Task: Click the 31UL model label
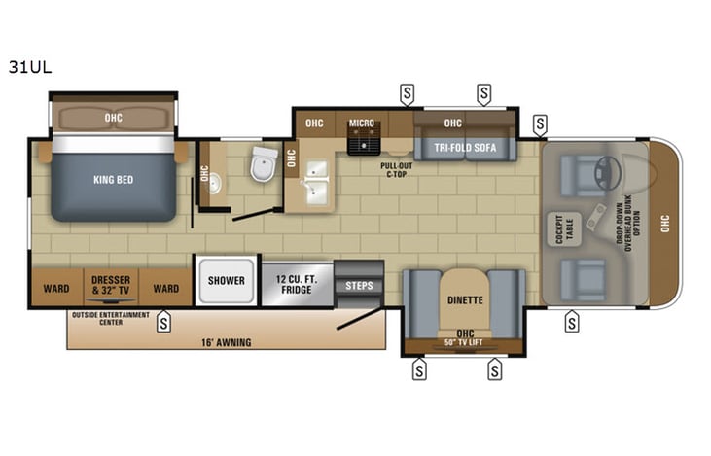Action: click(30, 68)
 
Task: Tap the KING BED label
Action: click(113, 181)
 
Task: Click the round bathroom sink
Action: click(215, 184)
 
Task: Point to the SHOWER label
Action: click(226, 281)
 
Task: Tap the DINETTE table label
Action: click(465, 300)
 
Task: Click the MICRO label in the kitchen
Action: click(362, 123)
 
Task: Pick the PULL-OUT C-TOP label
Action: click(398, 169)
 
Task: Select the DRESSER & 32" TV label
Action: click(111, 288)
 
